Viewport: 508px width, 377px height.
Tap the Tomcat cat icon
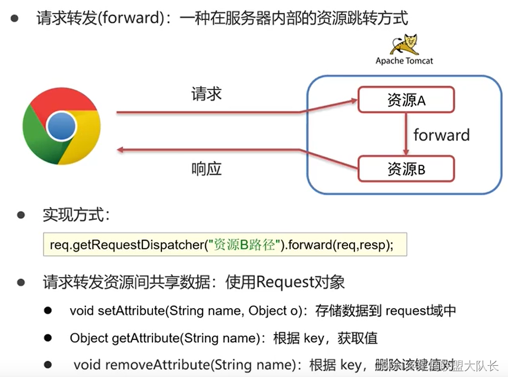405,44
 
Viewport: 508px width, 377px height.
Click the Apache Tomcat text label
404,61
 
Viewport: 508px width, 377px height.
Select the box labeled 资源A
406,100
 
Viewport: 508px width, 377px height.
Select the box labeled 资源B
406,169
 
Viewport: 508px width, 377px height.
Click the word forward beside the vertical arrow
441,135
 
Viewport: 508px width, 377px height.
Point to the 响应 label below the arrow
207,169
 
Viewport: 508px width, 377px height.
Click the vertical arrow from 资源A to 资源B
406,134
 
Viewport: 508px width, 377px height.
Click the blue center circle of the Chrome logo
61,125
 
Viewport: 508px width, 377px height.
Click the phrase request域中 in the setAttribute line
420,311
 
